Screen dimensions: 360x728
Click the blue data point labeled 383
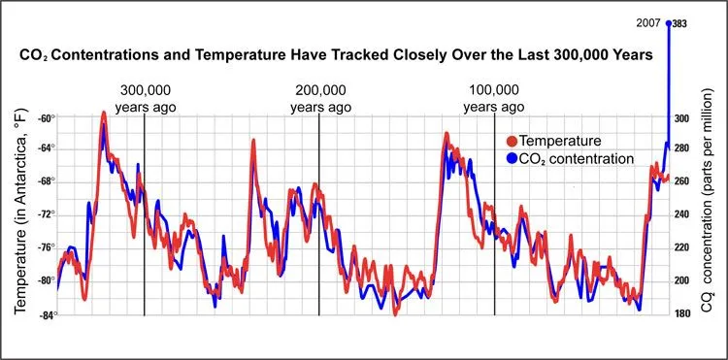tap(668, 22)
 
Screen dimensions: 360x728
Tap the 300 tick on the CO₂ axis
tap(681, 118)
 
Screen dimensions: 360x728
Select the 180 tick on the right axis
tap(681, 313)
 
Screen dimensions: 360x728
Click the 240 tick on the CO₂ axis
tap(681, 215)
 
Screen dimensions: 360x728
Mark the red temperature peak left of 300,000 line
tap(103, 115)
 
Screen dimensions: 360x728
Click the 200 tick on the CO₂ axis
tap(681, 280)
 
